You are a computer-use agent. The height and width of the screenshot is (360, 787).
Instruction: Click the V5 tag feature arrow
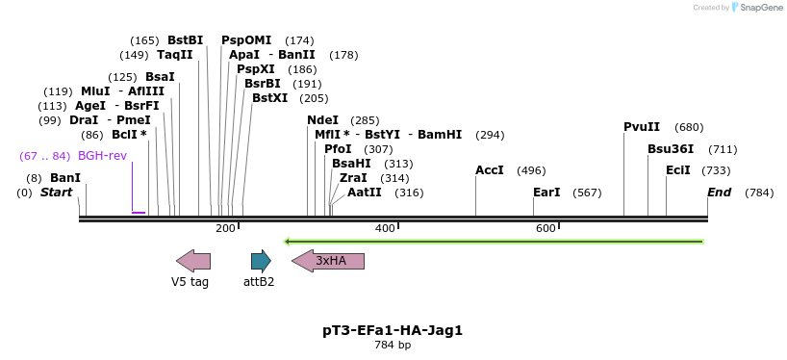193,260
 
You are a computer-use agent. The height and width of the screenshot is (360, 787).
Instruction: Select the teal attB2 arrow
261,260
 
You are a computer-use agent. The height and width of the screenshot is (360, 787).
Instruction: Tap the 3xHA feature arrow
328,260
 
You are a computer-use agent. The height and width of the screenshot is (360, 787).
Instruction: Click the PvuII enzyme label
642,127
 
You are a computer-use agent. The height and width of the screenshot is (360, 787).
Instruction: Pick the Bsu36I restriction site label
671,149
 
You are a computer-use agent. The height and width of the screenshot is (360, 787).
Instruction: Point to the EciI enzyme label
678,170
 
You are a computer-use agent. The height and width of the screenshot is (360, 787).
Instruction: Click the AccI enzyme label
490,170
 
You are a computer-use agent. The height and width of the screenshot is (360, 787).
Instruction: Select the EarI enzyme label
546,193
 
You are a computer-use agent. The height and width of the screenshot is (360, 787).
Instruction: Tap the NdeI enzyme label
322,119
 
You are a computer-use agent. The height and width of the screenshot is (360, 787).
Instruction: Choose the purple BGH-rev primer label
102,156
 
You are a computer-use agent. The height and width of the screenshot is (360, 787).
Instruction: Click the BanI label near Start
65,178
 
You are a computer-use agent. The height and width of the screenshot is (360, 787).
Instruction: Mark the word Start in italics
56,193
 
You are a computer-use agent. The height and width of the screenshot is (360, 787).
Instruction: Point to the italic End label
719,193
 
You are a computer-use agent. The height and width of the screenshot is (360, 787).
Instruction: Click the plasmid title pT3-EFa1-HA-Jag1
393,330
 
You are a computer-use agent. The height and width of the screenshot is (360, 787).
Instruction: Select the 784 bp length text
393,345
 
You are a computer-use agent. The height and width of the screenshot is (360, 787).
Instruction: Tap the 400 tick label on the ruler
385,228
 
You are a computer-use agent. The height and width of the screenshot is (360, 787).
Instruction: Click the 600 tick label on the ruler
546,228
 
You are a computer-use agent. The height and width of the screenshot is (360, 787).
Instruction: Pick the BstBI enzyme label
186,40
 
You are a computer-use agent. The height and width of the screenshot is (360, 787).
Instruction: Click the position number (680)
689,127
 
